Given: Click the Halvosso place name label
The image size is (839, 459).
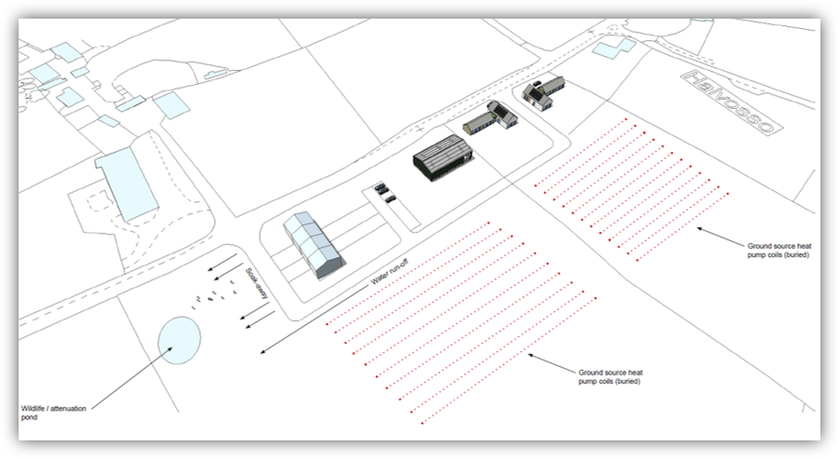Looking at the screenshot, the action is click(731, 102).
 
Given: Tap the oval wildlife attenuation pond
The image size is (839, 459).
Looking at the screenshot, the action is click(180, 341).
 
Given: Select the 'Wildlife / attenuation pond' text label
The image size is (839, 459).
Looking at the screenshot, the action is click(54, 412).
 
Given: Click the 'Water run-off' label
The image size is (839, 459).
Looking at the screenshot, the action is click(390, 271).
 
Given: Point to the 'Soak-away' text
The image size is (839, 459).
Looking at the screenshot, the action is click(257, 283).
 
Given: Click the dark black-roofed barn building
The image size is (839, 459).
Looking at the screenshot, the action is click(443, 157).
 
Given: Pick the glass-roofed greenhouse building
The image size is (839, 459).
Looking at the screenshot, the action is click(313, 245).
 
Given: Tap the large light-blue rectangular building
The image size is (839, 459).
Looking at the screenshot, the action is click(127, 184).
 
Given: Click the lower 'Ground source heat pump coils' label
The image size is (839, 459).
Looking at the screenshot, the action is click(610, 376).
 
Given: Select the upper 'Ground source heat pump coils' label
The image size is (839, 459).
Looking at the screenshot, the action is click(779, 250).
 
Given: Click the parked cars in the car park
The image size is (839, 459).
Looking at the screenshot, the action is click(385, 193).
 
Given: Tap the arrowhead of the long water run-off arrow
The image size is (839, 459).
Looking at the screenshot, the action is click(263, 351).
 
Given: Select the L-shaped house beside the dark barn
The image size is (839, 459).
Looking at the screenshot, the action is click(491, 118).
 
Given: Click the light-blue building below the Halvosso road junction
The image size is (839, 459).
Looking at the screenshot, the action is click(614, 48).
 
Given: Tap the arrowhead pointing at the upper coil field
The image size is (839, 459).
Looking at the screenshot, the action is click(700, 229).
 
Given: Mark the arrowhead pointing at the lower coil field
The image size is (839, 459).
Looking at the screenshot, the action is click(532, 355).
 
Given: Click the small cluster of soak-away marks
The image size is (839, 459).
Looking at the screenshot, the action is click(214, 294).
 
